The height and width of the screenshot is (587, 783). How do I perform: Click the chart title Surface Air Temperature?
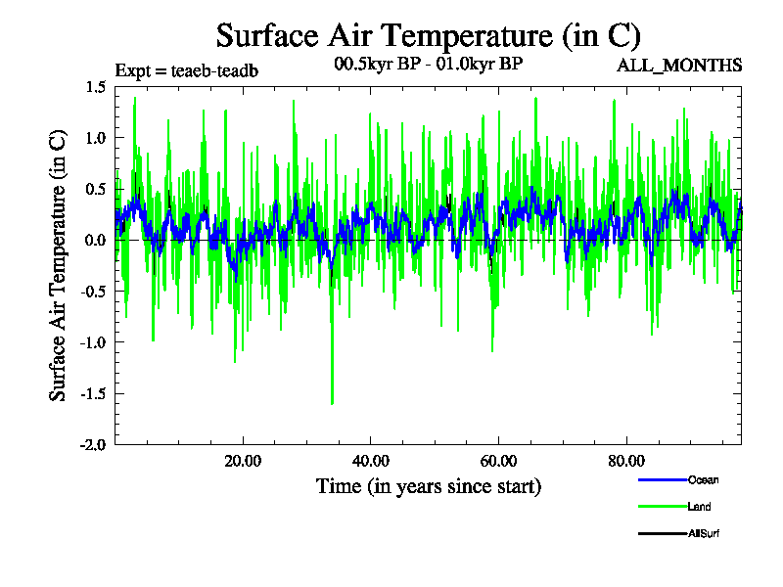point(428,36)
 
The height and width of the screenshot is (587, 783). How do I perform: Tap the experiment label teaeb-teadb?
point(187,70)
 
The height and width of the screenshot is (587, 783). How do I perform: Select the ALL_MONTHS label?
point(678,66)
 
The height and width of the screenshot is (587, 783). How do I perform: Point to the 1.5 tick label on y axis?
point(95,87)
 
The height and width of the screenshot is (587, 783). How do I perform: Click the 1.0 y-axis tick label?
point(95,138)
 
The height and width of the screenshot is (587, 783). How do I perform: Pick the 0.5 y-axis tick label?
point(95,189)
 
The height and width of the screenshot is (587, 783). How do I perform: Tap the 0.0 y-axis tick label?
point(95,240)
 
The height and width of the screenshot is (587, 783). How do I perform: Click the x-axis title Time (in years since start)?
point(428,486)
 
